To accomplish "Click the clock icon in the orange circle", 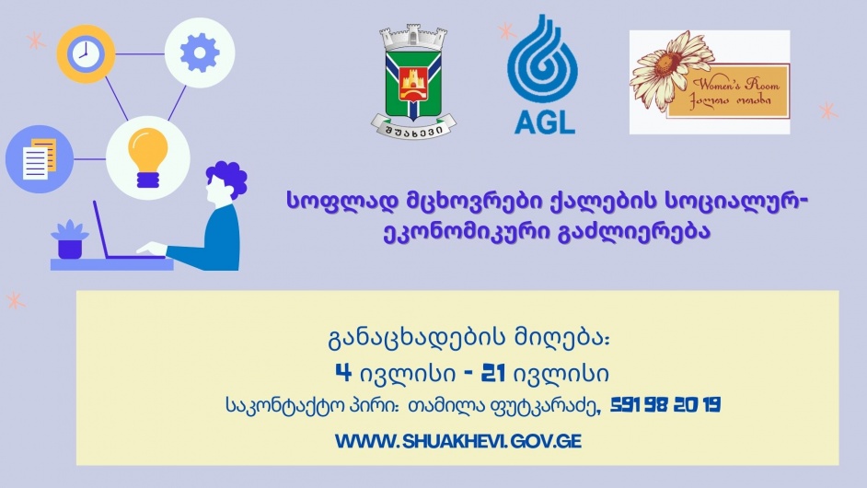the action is (x=86, y=54).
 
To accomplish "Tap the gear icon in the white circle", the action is (x=200, y=52).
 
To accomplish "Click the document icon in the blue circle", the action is (x=40, y=158).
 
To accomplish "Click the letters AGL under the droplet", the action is (x=545, y=122).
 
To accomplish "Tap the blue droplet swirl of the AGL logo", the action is (x=542, y=59).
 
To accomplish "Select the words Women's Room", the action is (x=736, y=84).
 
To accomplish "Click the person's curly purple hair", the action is (x=228, y=177).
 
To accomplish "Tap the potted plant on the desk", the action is (x=70, y=239).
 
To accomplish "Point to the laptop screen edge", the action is (x=102, y=229).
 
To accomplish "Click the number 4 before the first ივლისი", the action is (x=343, y=373).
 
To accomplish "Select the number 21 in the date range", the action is (x=493, y=373).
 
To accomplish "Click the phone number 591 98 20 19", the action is (x=665, y=405).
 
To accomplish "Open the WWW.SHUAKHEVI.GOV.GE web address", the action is (x=457, y=441).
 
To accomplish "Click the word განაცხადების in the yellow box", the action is (x=417, y=338).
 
